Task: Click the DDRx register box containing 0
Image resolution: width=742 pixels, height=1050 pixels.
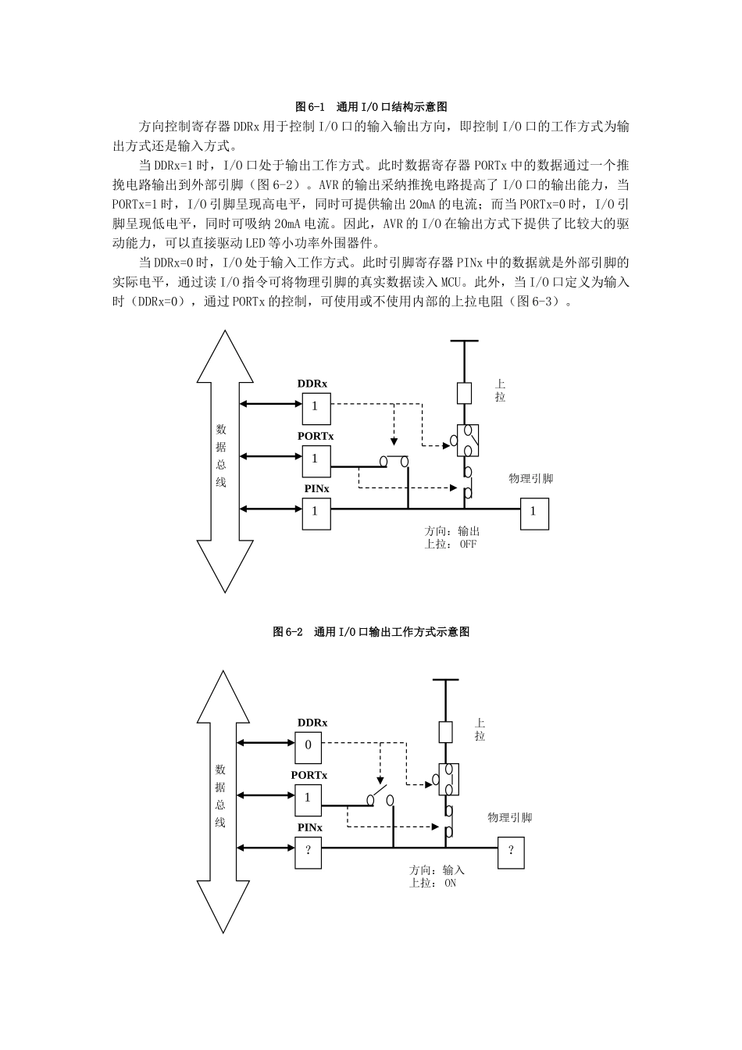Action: pyautogui.click(x=308, y=745)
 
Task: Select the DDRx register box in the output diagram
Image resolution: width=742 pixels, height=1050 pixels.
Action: pyautogui.click(x=316, y=406)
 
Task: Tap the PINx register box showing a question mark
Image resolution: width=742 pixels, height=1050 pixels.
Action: pyautogui.click(x=308, y=849)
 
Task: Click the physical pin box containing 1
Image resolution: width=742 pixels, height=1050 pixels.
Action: pyautogui.click(x=533, y=512)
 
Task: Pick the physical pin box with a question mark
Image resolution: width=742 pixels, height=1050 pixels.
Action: pyautogui.click(x=511, y=852)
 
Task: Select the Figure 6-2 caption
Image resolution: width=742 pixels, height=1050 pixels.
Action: pyautogui.click(x=371, y=631)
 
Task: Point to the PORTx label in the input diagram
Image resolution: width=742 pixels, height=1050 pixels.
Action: pyautogui.click(x=309, y=775)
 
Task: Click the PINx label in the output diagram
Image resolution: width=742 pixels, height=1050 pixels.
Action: pyautogui.click(x=316, y=488)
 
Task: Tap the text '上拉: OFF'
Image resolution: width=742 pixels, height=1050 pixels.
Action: pyautogui.click(x=450, y=545)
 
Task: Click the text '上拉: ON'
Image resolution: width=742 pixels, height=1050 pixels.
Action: pyautogui.click(x=433, y=883)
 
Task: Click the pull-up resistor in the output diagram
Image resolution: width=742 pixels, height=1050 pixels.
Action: pyautogui.click(x=464, y=393)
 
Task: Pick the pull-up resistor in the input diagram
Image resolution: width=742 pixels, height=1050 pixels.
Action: pyautogui.click(x=445, y=732)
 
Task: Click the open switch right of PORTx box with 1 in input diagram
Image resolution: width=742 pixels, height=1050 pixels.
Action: pyautogui.click(x=380, y=798)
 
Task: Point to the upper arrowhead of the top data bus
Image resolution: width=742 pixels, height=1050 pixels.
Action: pyautogui.click(x=225, y=355)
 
